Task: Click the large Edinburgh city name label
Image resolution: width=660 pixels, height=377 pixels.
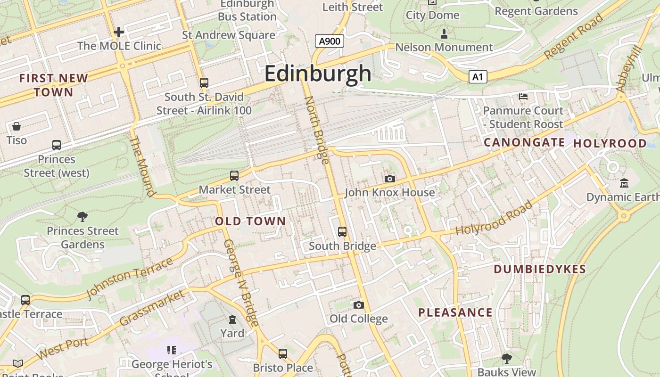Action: click(318, 74)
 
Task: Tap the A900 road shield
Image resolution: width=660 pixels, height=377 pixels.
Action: click(330, 41)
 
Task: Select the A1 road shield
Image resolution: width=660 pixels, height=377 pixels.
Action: click(478, 77)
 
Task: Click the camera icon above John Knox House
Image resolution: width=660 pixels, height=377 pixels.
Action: click(389, 179)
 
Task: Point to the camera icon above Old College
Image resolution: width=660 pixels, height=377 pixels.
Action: click(358, 305)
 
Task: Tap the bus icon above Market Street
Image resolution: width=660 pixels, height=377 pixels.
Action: click(234, 176)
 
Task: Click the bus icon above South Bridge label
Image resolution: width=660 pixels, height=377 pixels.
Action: click(342, 232)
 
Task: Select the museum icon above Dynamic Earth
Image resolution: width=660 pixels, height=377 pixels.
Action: click(624, 183)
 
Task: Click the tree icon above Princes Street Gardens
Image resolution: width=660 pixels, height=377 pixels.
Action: click(82, 217)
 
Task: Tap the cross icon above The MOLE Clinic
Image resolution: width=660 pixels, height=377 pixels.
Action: click(119, 32)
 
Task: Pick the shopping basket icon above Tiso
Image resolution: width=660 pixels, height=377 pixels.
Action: click(16, 126)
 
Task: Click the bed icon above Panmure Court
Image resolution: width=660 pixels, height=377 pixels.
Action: click(523, 97)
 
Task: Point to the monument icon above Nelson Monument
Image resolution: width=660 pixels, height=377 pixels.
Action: click(444, 34)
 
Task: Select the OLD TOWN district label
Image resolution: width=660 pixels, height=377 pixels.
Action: click(250, 221)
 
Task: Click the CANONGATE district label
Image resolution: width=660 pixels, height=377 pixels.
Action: click(524, 142)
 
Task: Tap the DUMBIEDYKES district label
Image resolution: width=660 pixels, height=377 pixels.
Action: click(540, 269)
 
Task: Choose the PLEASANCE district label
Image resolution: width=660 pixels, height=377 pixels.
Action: click(455, 312)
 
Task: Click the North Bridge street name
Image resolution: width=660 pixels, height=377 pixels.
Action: click(317, 130)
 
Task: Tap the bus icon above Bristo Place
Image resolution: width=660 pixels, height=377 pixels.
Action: click(283, 353)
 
